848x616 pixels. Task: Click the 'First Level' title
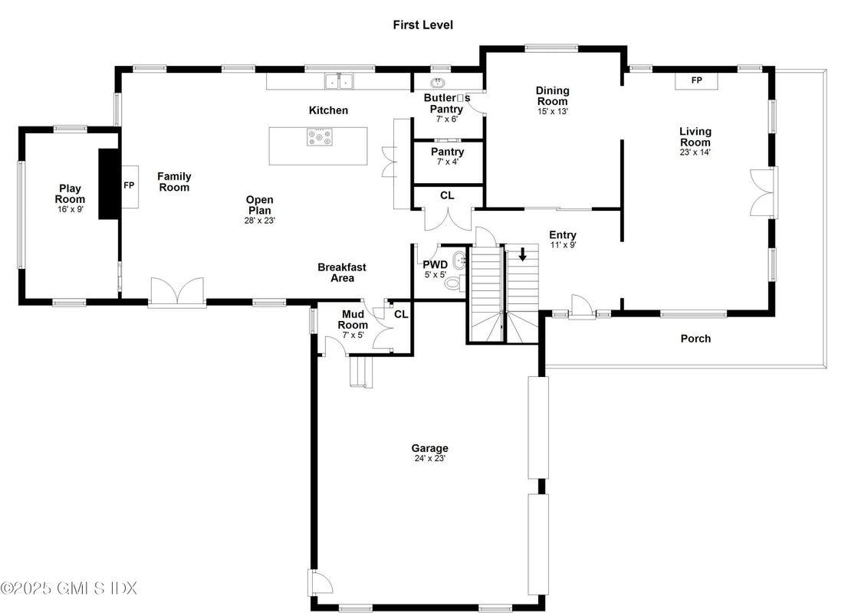point(423,25)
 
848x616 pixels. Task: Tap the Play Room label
point(70,193)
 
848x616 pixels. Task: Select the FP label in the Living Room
point(696,80)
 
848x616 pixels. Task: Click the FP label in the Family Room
point(129,185)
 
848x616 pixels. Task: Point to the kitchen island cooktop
point(320,137)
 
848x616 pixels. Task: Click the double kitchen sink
point(339,81)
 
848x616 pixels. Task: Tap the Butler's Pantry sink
point(438,83)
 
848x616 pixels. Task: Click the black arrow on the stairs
point(522,254)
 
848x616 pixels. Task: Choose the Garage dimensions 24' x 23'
point(430,458)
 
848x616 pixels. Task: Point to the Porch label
point(695,339)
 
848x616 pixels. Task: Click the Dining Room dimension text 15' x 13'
point(553,111)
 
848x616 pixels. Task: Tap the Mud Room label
point(353,319)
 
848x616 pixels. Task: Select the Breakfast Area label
point(342,272)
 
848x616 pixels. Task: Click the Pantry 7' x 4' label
point(447,156)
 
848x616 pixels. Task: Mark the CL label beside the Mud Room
point(401,314)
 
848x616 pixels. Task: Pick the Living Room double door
point(764,192)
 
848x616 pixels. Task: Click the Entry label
point(563,235)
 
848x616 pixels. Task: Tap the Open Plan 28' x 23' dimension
point(260,221)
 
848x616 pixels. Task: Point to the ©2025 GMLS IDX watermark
point(69,588)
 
